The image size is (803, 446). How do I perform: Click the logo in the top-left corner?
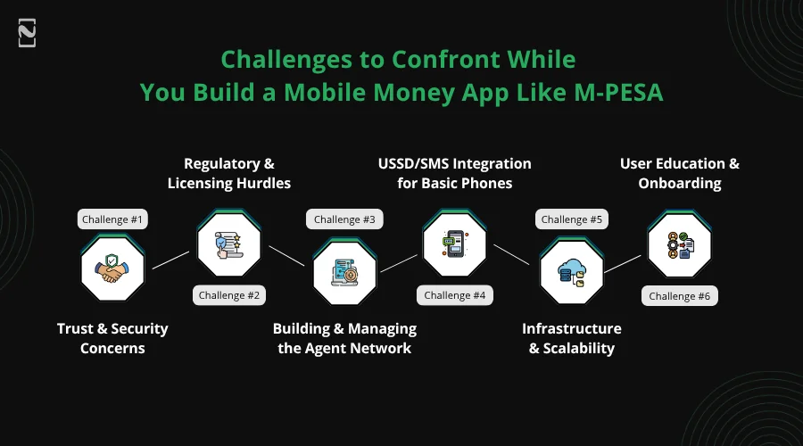coord(27,34)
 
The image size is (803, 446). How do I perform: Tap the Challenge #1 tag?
coord(112,219)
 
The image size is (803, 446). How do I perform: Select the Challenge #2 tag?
coord(229,295)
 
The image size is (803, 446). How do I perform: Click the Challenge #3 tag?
coord(344,219)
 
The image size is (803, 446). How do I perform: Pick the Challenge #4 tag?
coord(454,295)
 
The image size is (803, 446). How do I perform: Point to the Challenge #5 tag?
coord(571,219)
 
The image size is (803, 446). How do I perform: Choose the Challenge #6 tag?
coord(680,295)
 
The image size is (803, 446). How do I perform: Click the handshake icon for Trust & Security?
coord(112,270)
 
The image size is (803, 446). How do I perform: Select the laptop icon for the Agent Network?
coord(344,270)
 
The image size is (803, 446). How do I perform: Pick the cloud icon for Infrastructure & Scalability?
coord(571,270)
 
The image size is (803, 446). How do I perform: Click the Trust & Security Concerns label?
coord(112,338)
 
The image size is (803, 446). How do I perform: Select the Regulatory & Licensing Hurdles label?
coord(229,173)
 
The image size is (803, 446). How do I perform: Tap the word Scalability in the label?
coord(579,348)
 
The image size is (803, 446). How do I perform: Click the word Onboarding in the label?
coord(680,183)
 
